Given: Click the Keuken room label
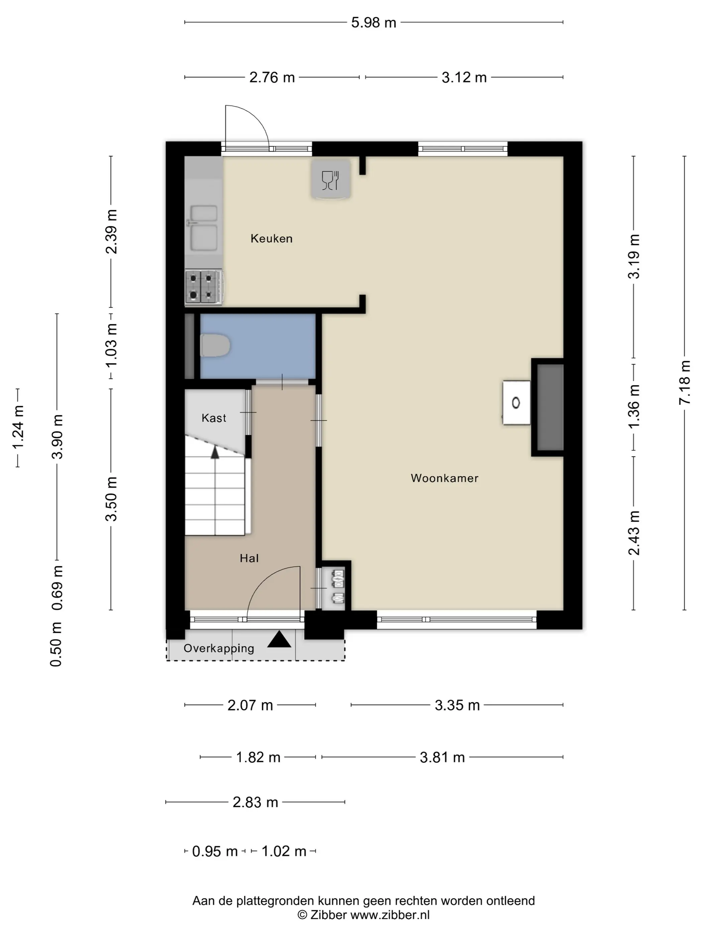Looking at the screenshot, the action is [271, 239].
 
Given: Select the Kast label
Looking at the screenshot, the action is [214, 418].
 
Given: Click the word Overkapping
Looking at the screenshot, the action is [219, 649].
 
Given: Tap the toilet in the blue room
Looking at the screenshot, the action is [215, 345].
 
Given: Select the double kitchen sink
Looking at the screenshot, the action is [204, 228].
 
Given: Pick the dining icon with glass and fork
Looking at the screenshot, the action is [331, 180].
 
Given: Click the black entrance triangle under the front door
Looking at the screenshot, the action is [279, 640].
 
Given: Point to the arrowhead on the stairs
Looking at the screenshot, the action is [215, 452].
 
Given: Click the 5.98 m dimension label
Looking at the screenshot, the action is [374, 22].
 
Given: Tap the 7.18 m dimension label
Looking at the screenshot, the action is [684, 382].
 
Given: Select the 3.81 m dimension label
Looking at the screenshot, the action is [442, 757].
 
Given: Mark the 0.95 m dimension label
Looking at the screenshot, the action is [215, 851].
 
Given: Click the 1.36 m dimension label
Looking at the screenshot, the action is [633, 406].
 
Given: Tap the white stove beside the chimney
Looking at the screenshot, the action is [516, 402].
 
